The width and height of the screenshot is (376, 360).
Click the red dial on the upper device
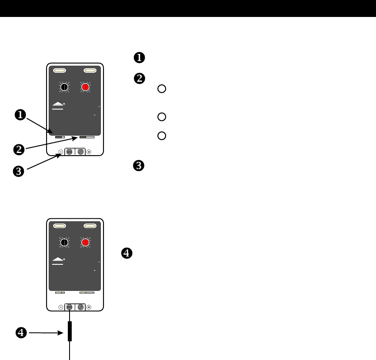[86, 87]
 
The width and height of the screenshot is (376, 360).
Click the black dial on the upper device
[65, 87]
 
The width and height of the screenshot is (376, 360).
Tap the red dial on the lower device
[86, 243]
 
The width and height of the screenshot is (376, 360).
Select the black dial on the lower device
[65, 243]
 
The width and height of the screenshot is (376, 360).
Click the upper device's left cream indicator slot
[59, 70]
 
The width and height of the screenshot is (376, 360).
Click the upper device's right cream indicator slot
[90, 70]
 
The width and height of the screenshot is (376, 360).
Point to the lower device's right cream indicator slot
[90, 226]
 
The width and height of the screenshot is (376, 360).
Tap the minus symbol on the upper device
[60, 152]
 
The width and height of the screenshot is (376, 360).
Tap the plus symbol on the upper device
[89, 152]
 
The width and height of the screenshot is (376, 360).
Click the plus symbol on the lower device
[89, 307]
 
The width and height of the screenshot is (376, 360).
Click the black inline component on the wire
[70, 331]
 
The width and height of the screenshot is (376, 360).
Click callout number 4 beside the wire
[20, 333]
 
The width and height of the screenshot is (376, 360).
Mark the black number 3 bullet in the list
[139, 166]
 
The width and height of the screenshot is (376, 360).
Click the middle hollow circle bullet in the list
[161, 117]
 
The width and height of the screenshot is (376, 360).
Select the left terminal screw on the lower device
[70, 307]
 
